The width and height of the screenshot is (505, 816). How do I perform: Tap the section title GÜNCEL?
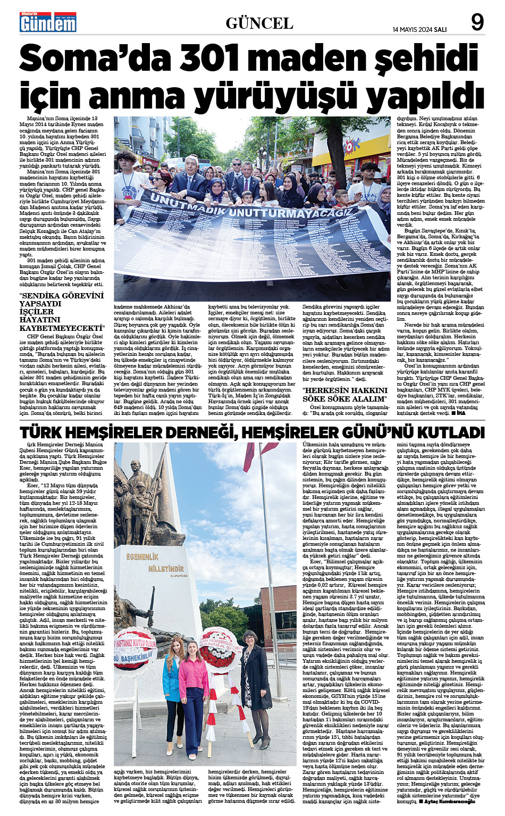259,23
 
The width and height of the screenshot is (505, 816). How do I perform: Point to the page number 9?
477,22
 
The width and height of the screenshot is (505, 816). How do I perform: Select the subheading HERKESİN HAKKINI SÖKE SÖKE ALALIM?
345,395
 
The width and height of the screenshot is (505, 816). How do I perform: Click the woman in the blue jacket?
173,700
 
